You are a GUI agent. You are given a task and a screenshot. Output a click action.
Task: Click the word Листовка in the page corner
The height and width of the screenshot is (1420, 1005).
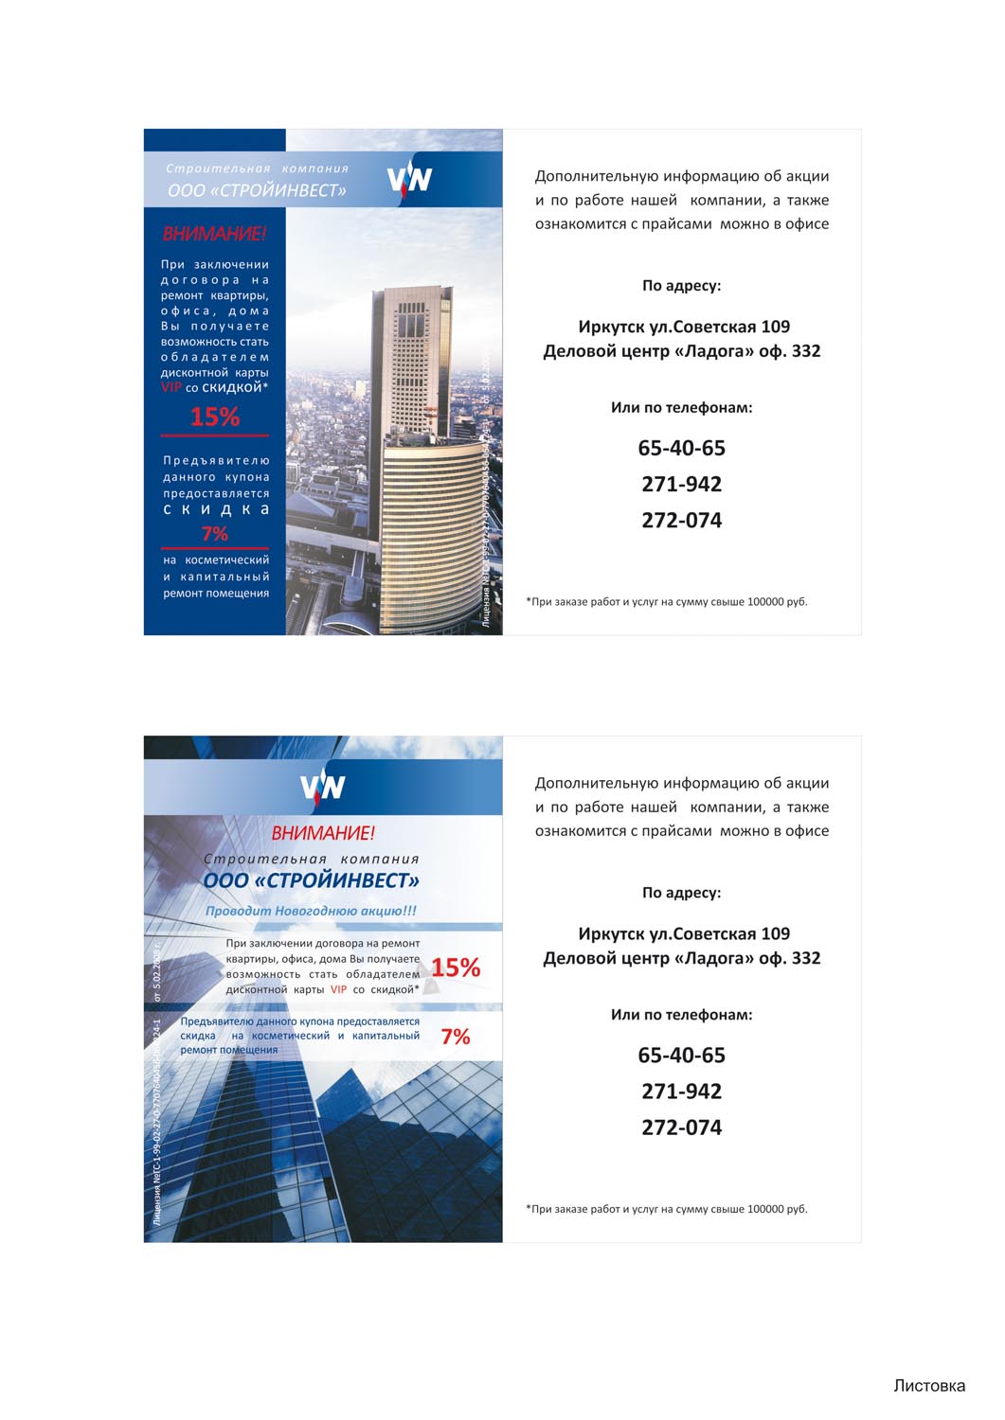[928, 1386]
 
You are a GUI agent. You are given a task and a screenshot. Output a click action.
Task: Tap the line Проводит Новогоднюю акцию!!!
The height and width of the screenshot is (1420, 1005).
[311, 911]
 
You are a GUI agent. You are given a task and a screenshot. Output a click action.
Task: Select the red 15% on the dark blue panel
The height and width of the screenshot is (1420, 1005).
[215, 417]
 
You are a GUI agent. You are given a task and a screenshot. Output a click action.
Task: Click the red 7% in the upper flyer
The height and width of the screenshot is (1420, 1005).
[215, 534]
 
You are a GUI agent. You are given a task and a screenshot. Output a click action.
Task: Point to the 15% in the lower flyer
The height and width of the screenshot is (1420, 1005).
[456, 967]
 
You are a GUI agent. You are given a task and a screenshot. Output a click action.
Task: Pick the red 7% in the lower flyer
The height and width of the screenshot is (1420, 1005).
[456, 1037]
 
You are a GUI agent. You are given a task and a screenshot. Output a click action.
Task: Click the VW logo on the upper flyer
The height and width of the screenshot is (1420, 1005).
[409, 178]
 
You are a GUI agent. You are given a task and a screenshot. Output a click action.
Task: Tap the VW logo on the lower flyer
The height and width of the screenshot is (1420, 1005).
[322, 786]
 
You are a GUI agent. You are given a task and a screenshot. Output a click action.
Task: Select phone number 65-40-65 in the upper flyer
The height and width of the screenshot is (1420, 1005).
[681, 448]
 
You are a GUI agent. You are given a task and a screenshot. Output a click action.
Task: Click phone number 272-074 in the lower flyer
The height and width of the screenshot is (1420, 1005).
[681, 1127]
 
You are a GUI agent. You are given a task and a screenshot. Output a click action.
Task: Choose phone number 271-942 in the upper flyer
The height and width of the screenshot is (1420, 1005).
[681, 484]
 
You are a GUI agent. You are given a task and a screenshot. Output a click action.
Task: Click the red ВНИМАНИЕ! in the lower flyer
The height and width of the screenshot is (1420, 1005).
[323, 833]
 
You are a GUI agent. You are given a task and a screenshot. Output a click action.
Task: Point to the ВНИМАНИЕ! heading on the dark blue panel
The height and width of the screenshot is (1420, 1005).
[214, 234]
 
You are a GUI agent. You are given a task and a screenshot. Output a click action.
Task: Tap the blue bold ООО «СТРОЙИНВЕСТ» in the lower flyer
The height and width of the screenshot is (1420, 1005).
[311, 880]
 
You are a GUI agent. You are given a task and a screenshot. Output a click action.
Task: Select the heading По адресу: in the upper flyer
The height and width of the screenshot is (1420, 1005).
[681, 286]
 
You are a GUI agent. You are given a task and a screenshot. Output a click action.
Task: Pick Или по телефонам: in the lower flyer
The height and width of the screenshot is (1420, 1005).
[681, 1015]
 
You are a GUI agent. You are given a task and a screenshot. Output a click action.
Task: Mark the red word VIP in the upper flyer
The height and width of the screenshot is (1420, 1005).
[170, 387]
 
